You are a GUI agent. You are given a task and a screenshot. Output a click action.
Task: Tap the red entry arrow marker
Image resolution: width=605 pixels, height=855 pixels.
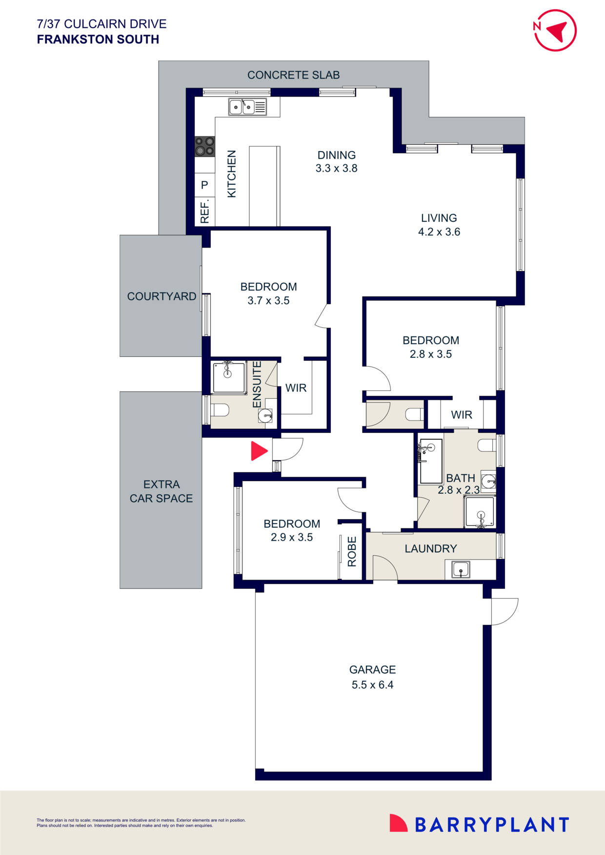click(258, 451)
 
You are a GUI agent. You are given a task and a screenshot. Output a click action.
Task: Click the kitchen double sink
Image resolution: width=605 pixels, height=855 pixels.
click(248, 107)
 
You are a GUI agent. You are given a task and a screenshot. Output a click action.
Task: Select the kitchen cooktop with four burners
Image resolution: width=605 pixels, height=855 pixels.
click(204, 146)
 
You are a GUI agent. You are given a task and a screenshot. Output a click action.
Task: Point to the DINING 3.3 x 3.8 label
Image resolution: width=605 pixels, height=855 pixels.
click(336, 162)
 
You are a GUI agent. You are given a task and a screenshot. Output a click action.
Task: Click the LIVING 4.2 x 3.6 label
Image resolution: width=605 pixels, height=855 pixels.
click(439, 225)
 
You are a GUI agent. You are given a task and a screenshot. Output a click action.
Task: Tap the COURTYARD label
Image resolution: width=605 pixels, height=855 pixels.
click(161, 296)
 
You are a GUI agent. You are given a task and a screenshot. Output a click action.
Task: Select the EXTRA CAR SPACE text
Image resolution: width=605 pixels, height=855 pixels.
click(161, 491)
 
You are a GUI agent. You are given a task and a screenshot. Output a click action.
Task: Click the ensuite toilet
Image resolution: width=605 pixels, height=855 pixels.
click(220, 410)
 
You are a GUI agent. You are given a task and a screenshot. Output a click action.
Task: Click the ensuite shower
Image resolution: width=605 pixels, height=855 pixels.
click(228, 377)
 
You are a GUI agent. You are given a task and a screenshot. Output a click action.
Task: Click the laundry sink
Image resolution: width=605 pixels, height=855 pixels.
click(460, 569)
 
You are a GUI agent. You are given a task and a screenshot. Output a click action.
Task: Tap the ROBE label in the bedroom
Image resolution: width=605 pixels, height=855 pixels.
click(352, 551)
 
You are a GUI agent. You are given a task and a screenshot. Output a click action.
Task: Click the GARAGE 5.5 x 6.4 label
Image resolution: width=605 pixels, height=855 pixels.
click(372, 677)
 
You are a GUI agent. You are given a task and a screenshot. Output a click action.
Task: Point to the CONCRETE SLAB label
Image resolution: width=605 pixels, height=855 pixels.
click(293, 75)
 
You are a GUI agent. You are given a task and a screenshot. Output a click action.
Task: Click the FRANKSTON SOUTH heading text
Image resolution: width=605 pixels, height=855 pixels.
click(98, 39)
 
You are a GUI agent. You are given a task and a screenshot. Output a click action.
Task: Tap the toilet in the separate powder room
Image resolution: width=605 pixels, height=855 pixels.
click(414, 414)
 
